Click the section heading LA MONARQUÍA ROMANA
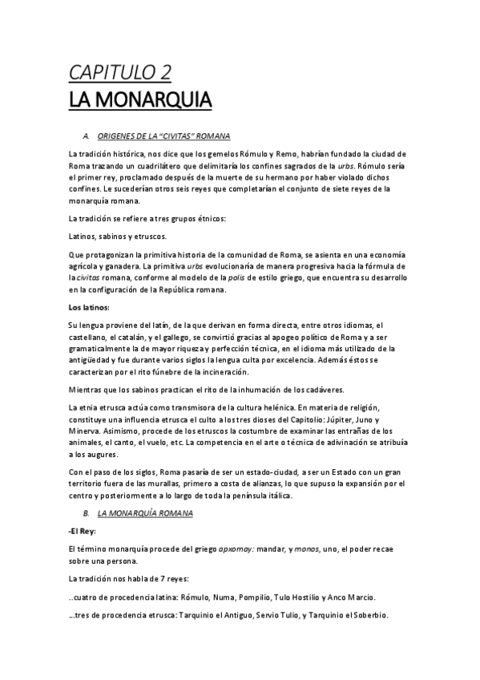coord(144,511)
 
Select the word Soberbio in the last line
coord(366,615)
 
